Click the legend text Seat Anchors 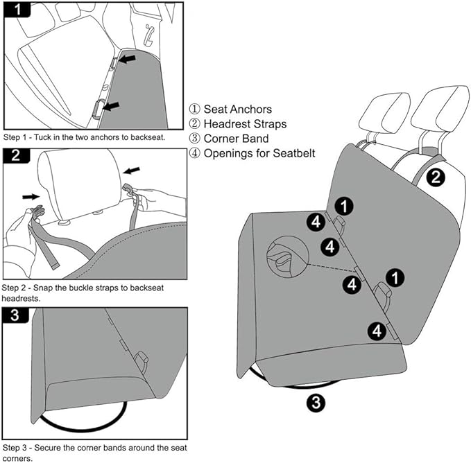pos(237,110)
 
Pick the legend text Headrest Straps pos(245,124)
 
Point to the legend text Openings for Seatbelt pos(259,153)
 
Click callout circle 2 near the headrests pos(435,177)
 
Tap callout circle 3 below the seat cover pos(315,402)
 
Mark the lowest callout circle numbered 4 pos(377,331)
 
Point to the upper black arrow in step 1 pos(127,60)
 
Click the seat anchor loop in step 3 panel pos(142,360)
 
